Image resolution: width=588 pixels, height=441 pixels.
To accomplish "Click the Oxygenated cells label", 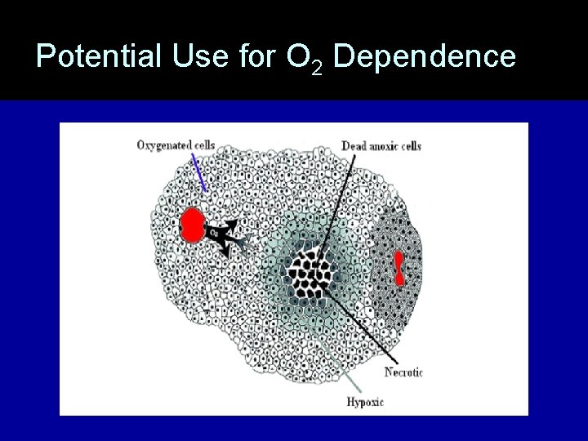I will click(175, 145).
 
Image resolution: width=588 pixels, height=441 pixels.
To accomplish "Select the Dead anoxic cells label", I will click(381, 146).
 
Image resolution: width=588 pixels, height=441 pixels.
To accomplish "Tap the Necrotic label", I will click(403, 373).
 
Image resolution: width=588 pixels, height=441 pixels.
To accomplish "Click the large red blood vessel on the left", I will click(193, 225).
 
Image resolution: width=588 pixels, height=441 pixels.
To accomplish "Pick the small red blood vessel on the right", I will click(399, 268).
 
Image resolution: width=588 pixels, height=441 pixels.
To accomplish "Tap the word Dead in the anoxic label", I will click(352, 146).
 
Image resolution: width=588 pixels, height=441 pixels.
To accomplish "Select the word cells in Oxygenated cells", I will click(202, 145).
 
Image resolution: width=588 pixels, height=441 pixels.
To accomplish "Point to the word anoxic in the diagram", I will click(383, 146).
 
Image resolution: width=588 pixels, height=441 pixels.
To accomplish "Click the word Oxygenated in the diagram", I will click(162, 145).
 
